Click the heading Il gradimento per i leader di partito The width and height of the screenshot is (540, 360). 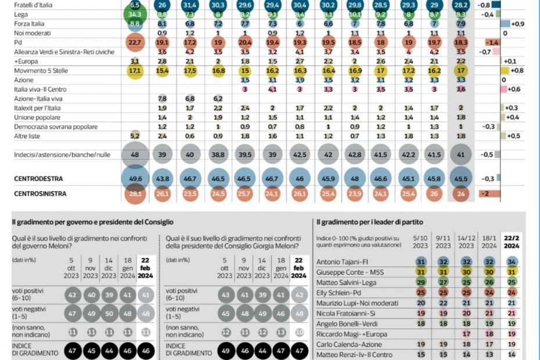(x=373, y=222)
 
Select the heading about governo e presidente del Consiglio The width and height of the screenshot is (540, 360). (x=93, y=222)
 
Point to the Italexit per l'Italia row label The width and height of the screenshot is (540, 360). (x=38, y=108)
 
